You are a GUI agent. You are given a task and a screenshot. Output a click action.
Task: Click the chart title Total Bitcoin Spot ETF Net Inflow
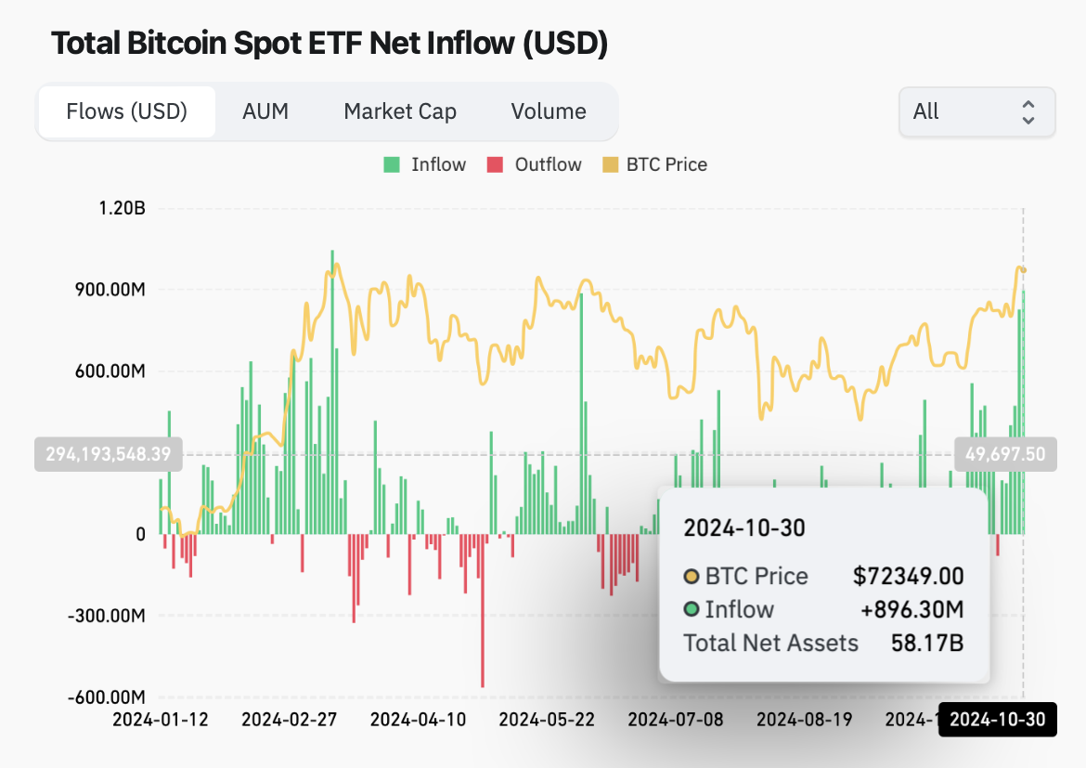[x=329, y=43]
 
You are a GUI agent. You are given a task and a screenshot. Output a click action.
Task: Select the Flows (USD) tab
[x=127, y=111]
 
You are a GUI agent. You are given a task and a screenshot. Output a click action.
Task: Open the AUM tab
[x=265, y=111]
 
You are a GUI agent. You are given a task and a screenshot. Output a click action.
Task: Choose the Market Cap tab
[x=400, y=111]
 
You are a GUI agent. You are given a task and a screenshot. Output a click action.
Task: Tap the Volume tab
[x=549, y=111]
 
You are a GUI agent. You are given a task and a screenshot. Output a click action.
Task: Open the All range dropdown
[x=976, y=112]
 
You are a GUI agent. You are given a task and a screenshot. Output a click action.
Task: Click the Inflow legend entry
[x=425, y=164]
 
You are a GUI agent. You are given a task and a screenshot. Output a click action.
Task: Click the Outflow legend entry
[x=536, y=164]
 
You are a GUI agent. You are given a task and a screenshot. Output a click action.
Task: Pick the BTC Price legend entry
[x=655, y=164]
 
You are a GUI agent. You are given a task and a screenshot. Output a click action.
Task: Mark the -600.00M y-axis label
[x=104, y=697]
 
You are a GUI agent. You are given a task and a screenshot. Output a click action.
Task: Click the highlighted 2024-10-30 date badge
[x=998, y=720]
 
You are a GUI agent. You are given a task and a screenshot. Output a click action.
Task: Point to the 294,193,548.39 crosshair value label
[x=109, y=454]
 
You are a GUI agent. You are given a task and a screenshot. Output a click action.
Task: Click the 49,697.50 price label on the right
[x=1005, y=454]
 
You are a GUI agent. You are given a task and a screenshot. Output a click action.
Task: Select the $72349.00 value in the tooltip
[x=908, y=576]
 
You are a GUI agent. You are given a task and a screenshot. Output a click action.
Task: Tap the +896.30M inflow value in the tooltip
[x=911, y=609]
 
